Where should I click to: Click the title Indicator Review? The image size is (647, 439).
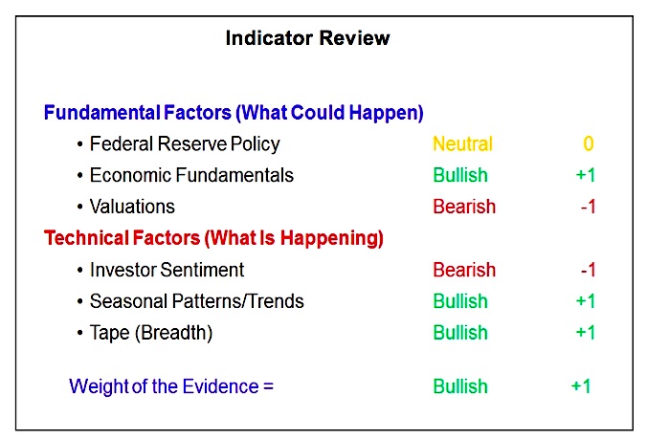click(x=307, y=38)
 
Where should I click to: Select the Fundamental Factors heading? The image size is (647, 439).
click(x=234, y=113)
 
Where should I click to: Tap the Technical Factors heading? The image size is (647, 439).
click(x=213, y=238)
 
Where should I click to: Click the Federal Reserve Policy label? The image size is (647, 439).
click(x=185, y=144)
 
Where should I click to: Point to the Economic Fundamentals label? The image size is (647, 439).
click(x=191, y=175)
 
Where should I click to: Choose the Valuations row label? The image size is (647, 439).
click(x=132, y=207)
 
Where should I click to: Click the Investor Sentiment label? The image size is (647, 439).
click(x=167, y=270)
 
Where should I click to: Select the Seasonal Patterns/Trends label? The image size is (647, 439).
click(x=197, y=301)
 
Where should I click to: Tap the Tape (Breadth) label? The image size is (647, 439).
click(x=151, y=333)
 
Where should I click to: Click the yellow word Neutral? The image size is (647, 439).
click(x=462, y=144)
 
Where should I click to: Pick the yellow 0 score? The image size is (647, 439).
click(x=589, y=143)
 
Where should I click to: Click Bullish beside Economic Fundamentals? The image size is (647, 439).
click(x=460, y=175)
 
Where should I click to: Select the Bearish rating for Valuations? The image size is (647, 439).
click(x=464, y=207)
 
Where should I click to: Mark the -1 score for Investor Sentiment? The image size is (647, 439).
click(x=588, y=270)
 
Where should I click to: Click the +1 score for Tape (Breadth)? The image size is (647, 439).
click(x=586, y=333)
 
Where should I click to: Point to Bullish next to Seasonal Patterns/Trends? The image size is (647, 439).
click(x=460, y=301)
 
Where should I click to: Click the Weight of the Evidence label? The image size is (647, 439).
click(x=171, y=386)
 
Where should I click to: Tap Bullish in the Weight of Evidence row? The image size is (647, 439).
click(x=460, y=386)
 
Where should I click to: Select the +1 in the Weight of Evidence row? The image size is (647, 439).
click(x=581, y=386)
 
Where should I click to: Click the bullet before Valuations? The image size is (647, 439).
click(x=80, y=207)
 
